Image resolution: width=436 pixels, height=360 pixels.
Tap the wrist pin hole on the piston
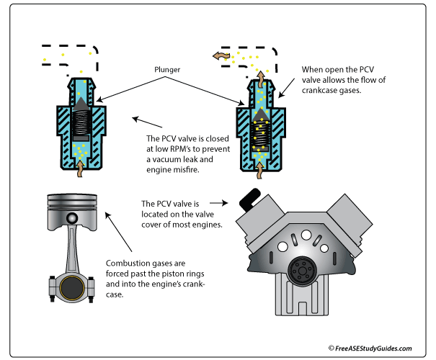[71, 218]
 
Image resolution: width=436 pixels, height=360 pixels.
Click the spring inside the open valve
[260, 134]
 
